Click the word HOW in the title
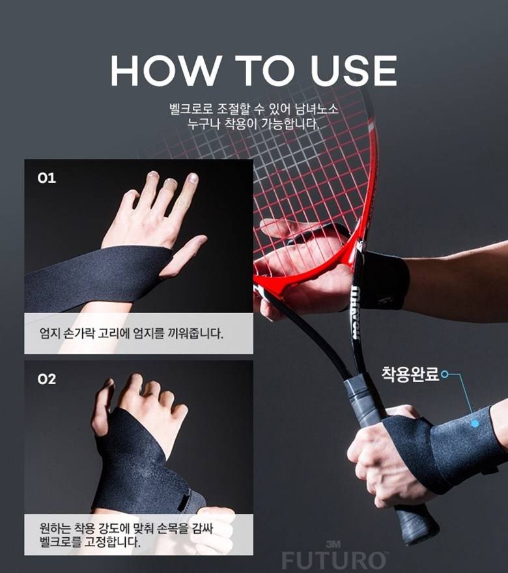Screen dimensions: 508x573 tap(165, 70)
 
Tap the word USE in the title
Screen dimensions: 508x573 tap(354, 70)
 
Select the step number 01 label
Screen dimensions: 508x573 tap(47, 178)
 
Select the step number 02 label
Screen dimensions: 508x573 tap(47, 379)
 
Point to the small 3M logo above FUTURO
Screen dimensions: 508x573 tap(333, 544)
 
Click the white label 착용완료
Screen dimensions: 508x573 tap(410, 374)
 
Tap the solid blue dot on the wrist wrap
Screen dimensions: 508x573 tap(475, 423)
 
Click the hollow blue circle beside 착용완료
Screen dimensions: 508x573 tap(444, 374)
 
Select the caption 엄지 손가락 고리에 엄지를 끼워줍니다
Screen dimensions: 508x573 tap(131, 333)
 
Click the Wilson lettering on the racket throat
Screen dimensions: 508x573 tap(355, 313)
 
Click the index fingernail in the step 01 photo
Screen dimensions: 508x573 tap(193, 178)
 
